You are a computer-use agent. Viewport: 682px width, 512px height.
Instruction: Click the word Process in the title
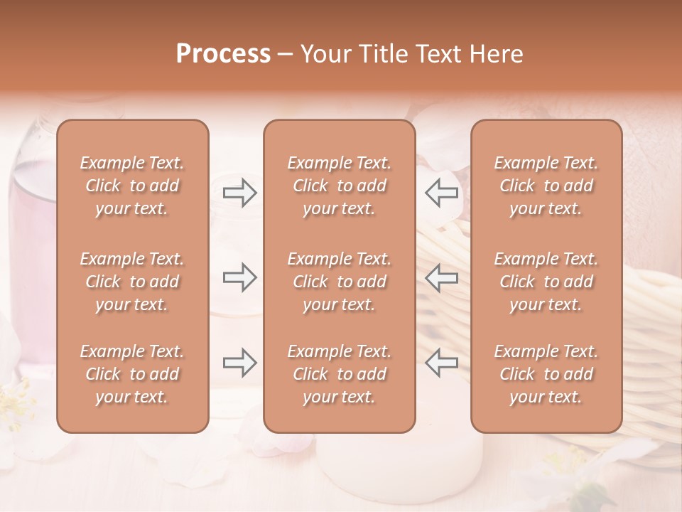click(x=223, y=54)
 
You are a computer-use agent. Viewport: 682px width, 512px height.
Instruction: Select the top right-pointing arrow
click(x=239, y=192)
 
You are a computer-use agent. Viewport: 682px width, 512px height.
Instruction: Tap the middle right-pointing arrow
click(x=239, y=277)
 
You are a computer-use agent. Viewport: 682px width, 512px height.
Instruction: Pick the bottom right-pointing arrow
click(x=239, y=363)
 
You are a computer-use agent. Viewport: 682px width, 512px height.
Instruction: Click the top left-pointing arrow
click(x=442, y=192)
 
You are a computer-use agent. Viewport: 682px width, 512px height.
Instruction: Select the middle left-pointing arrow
click(x=442, y=277)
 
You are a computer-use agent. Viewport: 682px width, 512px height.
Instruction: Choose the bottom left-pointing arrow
click(x=442, y=363)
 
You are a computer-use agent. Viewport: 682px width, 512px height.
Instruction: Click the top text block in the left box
click(x=132, y=186)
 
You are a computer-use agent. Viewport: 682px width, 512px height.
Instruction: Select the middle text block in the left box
click(x=132, y=282)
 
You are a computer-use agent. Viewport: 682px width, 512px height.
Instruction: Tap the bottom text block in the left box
click(x=132, y=374)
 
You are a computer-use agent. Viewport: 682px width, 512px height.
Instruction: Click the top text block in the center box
click(x=339, y=186)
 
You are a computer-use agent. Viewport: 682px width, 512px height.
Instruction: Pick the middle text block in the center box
click(x=339, y=282)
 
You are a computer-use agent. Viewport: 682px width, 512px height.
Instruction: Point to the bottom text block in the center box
click(x=339, y=374)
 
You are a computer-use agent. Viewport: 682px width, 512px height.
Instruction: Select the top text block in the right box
click(x=546, y=186)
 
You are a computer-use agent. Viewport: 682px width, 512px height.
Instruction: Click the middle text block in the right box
click(x=546, y=282)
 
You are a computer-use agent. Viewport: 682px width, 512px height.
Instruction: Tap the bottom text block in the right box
click(x=546, y=374)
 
